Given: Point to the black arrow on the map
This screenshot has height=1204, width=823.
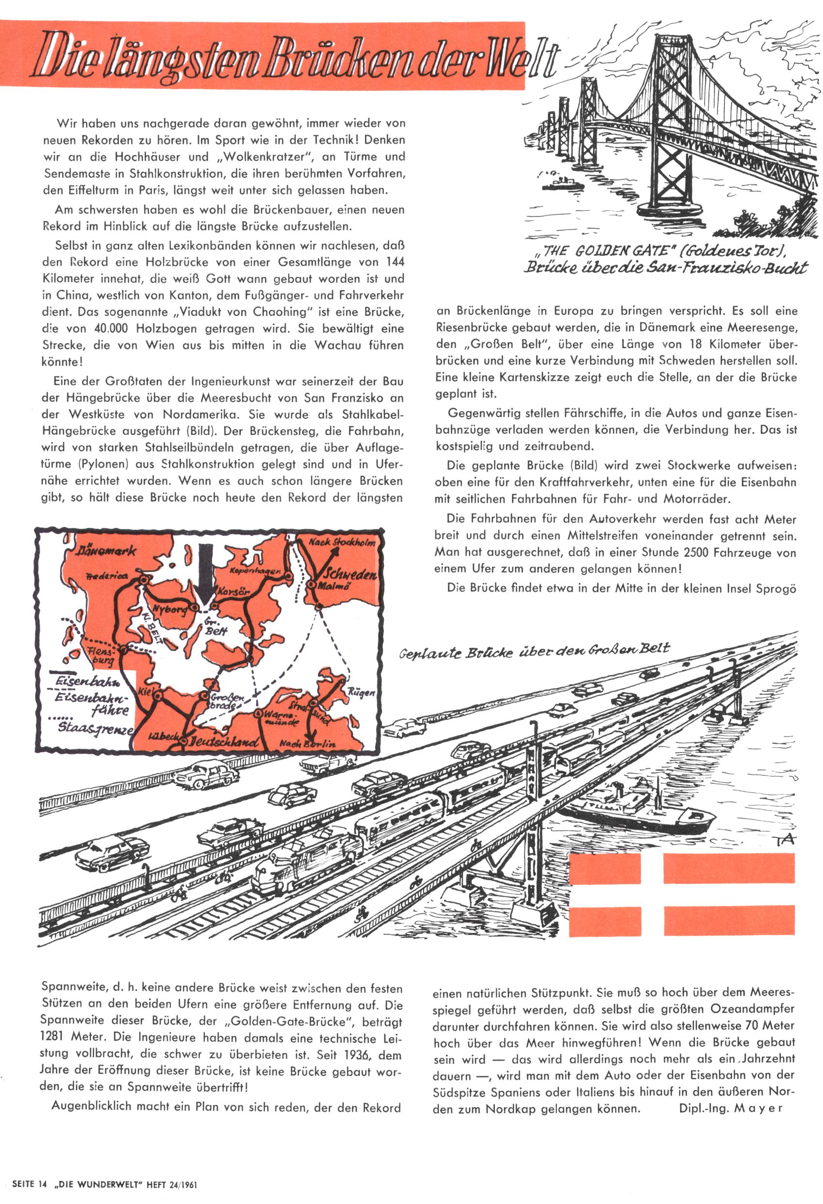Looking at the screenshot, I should (206, 572).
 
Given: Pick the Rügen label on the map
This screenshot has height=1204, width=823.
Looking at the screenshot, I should (361, 692).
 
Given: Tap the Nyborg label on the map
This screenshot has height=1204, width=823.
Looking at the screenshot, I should (170, 610).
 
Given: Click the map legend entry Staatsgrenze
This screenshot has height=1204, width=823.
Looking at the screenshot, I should (96, 727).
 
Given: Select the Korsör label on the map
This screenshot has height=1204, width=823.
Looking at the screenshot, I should (233, 591).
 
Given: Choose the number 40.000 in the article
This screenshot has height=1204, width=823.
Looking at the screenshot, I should (111, 329).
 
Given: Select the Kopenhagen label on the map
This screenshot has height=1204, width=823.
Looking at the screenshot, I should (255, 571).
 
